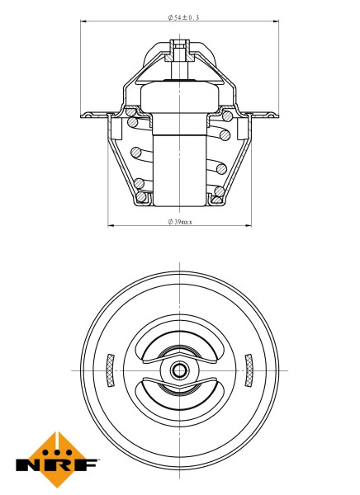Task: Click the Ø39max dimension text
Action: coord(179,221)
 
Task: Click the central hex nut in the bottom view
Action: coord(179,370)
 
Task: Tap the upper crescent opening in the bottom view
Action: coord(179,344)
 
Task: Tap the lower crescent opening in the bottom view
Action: coord(179,395)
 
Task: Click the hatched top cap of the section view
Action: coord(179,54)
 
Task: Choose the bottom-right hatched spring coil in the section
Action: coord(219,192)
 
